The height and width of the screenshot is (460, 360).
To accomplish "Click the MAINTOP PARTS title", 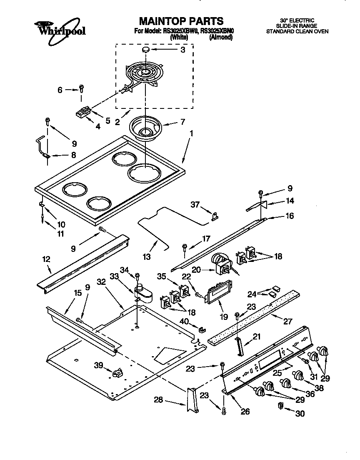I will pyautogui.click(x=180, y=21).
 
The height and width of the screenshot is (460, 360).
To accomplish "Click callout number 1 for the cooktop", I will pyautogui.click(x=191, y=134).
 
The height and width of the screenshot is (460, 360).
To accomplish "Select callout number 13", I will pyautogui.click(x=147, y=257).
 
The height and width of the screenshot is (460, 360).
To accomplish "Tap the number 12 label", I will pyautogui.click(x=46, y=259).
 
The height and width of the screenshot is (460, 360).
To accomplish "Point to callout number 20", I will pyautogui.click(x=196, y=270).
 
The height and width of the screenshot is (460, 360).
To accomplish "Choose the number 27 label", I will pyautogui.click(x=287, y=322).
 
